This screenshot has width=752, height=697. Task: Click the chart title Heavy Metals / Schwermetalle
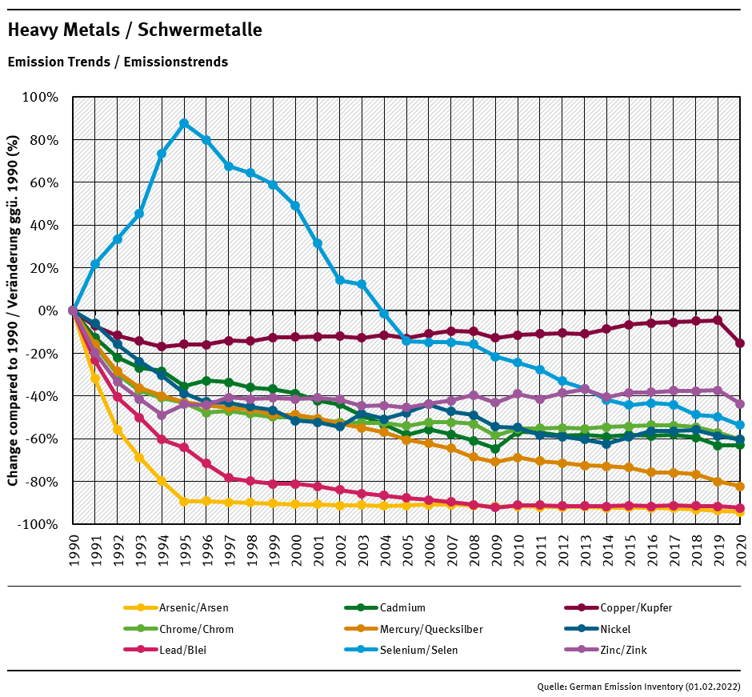pyautogui.click(x=134, y=30)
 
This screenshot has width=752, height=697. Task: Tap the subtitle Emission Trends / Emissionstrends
pyautogui.click(x=118, y=62)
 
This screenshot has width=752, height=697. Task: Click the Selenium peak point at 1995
pyautogui.click(x=184, y=123)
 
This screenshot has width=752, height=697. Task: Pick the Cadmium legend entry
pyautogui.click(x=402, y=608)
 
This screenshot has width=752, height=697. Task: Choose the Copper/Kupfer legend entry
pyautogui.click(x=635, y=608)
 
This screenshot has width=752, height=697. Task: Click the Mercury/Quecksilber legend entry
pyautogui.click(x=431, y=629)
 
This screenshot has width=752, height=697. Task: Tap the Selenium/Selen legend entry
pyautogui.click(x=418, y=650)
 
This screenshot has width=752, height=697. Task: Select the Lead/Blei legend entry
pyautogui.click(x=182, y=650)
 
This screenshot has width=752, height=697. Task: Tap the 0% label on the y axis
pyautogui.click(x=49, y=310)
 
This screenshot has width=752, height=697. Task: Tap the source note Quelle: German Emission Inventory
pyautogui.click(x=638, y=687)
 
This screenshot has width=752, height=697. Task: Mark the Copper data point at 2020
pyautogui.click(x=740, y=343)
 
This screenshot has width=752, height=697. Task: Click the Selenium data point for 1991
pyautogui.click(x=95, y=264)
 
